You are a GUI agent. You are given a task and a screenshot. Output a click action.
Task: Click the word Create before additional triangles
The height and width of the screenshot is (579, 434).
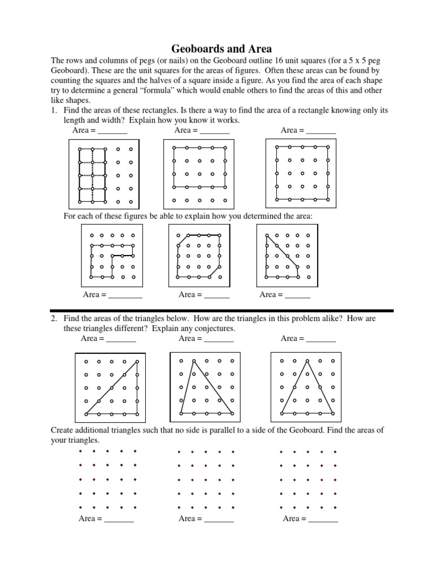pyautogui.click(x=63, y=430)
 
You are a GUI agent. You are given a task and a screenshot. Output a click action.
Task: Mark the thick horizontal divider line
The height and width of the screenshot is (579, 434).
pyautogui.click(x=222, y=310)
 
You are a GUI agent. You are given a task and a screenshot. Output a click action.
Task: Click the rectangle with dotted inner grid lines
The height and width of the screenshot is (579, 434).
pyautogui.click(x=93, y=175)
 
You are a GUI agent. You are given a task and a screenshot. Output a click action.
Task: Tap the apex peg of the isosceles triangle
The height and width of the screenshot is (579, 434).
pyautogui.click(x=307, y=361)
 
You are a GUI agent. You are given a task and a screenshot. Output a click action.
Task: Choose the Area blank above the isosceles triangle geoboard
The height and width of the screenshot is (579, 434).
pyautogui.click(x=320, y=339)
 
